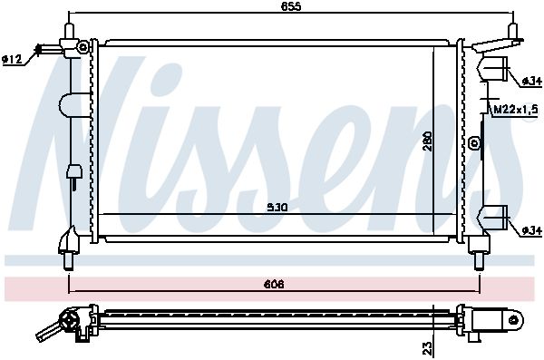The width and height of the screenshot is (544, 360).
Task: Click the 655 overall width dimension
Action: tap(291, 6)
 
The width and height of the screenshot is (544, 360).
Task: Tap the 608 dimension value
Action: tap(274, 285)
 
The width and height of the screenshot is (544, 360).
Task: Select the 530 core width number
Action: tap(277, 208)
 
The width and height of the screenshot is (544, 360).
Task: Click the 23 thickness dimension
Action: tap(428, 348)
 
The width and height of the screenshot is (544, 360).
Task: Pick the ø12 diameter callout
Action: tap(12, 60)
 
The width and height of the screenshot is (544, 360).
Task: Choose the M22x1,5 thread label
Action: tap(516, 110)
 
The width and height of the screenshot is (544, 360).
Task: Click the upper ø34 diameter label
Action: tap(531, 82)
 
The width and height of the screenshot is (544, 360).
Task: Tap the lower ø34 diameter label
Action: tap(531, 230)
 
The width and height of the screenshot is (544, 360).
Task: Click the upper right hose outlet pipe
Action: tap(492, 68)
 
